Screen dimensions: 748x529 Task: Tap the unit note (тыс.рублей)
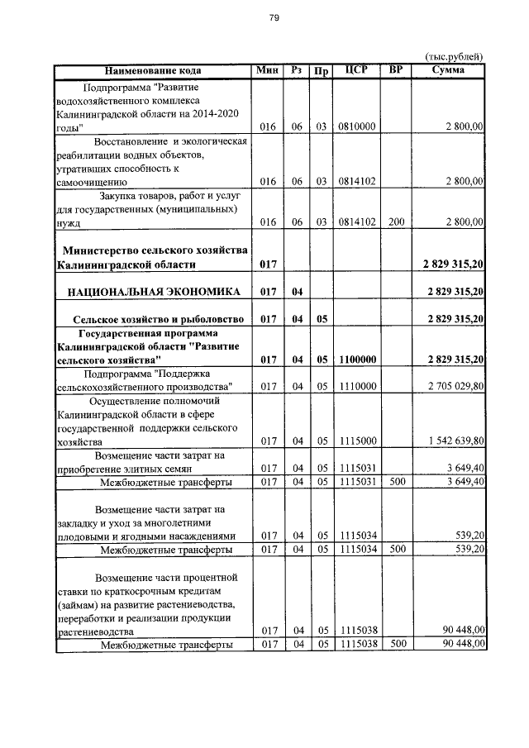[454, 56]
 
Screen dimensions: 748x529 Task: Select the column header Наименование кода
[152, 70]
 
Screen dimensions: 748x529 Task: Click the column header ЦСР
[356, 70]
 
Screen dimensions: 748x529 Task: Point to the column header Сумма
[448, 70]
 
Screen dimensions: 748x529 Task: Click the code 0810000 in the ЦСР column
[356, 127]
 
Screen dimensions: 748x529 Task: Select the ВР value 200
[396, 222]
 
